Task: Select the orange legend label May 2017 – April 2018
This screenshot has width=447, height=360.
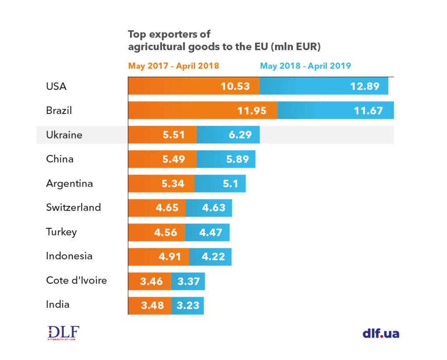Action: [173, 66]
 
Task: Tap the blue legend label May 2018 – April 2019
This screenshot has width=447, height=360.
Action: [305, 66]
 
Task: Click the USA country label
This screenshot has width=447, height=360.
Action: [56, 86]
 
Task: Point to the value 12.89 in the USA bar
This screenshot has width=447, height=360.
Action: [364, 86]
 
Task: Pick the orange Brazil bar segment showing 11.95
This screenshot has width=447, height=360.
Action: [203, 110]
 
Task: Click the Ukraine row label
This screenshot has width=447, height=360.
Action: [64, 135]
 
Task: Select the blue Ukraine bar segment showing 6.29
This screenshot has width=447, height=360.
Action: [228, 135]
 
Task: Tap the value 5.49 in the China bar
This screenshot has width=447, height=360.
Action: [173, 159]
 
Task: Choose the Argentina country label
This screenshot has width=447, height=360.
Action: [69, 183]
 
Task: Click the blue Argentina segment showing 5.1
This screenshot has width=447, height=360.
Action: [220, 184]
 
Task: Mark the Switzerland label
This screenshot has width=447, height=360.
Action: [73, 207]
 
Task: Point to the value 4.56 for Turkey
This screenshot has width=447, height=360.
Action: [166, 232]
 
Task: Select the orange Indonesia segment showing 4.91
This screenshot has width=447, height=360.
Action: [158, 257]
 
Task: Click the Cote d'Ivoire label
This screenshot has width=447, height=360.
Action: [76, 280]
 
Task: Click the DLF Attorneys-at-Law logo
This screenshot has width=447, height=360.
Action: [63, 333]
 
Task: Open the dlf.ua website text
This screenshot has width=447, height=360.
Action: [381, 334]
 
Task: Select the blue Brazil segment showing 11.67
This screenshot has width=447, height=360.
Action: [336, 110]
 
